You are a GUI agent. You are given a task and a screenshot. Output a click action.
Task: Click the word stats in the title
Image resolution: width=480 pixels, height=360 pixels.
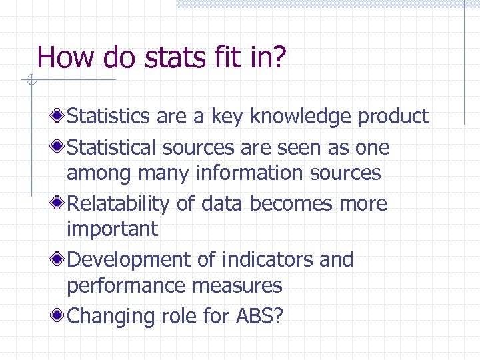pyautogui.click(x=173, y=57)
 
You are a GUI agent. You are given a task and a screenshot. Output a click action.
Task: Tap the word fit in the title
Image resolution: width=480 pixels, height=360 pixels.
pyautogui.click(x=234, y=57)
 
